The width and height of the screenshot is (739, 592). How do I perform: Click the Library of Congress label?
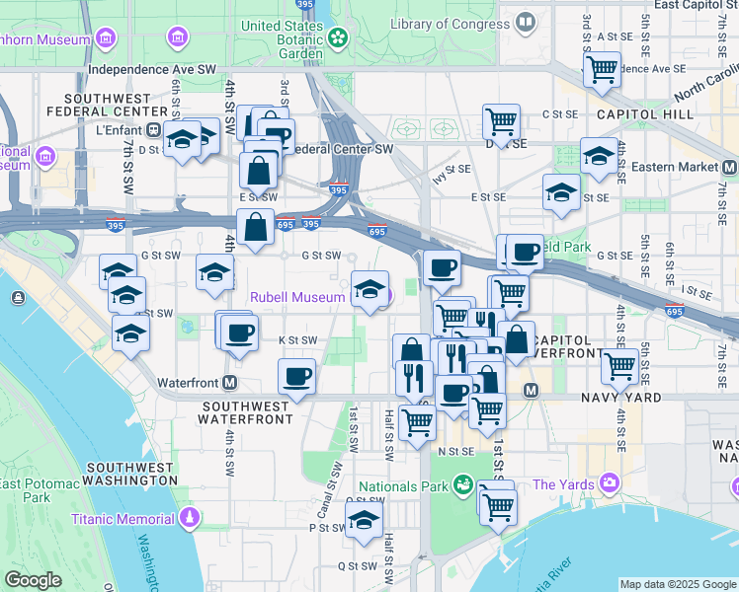[x=450, y=23]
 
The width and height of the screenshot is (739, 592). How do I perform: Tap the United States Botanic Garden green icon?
[x=338, y=37]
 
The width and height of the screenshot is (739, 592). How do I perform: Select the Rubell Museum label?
[x=297, y=296]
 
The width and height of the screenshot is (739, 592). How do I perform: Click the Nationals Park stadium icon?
[x=461, y=485]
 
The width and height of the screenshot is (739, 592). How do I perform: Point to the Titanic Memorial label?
[x=124, y=518]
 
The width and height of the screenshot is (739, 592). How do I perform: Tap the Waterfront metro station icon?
[x=230, y=382]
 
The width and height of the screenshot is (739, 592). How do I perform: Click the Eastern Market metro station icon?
[x=729, y=167]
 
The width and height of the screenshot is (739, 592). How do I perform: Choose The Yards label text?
[x=563, y=484]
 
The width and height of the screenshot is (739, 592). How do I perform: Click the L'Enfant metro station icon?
[x=153, y=129]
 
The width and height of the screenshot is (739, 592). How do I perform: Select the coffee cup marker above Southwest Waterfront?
[x=296, y=376]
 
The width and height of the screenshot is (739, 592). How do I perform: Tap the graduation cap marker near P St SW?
[x=365, y=519]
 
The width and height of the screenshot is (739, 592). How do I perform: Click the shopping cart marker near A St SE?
[x=602, y=69]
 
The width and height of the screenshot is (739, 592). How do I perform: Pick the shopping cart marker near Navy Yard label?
[x=620, y=366]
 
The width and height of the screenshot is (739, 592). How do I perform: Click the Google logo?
[x=32, y=579]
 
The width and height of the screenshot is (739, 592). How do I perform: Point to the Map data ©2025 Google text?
[x=677, y=584]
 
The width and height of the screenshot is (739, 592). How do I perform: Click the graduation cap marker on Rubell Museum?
[x=369, y=289]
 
